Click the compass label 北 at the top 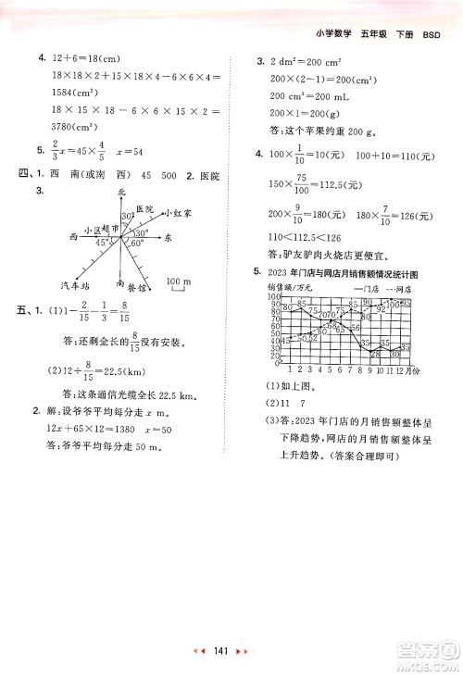pyautogui.click(x=120, y=191)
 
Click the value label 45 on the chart pyautogui.click(x=287, y=341)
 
